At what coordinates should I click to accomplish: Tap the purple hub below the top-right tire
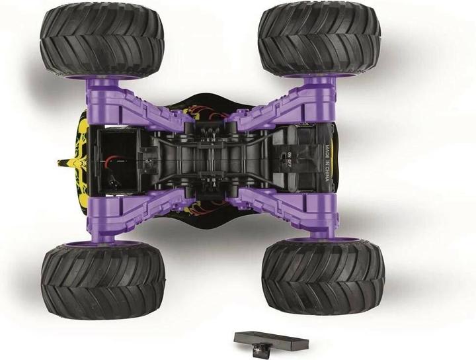(320, 81)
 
